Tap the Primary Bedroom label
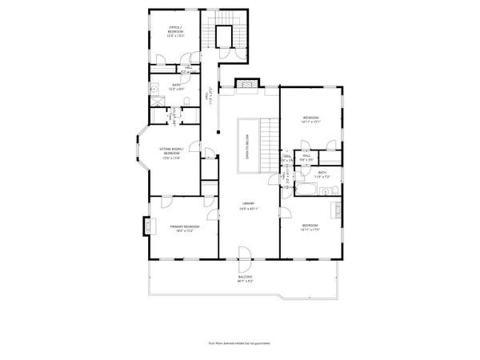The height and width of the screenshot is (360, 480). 184,228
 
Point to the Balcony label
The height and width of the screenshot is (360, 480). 245,279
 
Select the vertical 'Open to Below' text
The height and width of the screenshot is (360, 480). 246,144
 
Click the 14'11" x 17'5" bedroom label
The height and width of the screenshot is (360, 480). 310,228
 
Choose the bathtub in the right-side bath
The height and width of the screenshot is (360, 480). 307,190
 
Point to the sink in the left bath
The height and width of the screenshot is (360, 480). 154,88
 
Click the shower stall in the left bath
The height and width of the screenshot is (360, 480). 156,103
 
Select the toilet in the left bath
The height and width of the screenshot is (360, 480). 185,100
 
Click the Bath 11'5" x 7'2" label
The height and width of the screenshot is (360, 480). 322,174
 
